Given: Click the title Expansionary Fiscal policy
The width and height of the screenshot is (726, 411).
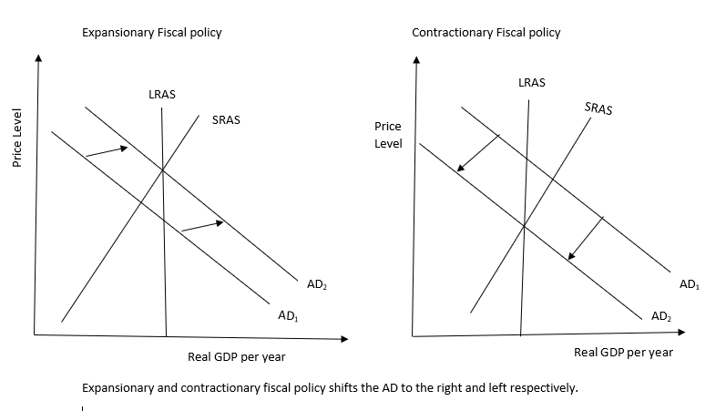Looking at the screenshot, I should coord(151,33).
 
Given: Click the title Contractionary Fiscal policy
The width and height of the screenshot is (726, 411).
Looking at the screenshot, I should coord(486,33).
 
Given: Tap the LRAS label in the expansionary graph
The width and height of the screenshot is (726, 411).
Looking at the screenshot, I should coord(162,94).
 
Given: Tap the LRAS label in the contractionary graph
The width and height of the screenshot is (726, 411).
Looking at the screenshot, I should coord(532,83).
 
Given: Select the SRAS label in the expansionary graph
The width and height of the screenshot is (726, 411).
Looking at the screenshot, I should coord(226,120).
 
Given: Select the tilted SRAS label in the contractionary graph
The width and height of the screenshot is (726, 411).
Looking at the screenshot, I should coord(598,109).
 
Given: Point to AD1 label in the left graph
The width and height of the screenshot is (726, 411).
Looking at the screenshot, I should coord(288,315).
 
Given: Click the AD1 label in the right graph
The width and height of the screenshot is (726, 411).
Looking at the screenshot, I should coord(690,284).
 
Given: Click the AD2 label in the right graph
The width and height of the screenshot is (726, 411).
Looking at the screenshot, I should coord(662,316).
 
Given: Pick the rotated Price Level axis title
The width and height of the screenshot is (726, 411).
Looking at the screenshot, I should coord(16,141).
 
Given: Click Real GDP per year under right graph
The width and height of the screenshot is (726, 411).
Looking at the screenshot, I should coord(623,352).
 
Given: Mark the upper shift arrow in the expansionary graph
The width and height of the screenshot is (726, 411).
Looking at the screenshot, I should coord(107,151).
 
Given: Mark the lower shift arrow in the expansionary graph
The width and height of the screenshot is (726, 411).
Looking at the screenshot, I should coord(201,226).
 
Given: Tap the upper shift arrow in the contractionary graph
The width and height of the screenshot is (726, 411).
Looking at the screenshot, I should coord(477,152).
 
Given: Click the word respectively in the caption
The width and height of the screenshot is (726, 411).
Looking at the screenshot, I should coord(544,388).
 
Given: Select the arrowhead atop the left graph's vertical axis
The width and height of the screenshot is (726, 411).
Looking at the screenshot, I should coord(38,57).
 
